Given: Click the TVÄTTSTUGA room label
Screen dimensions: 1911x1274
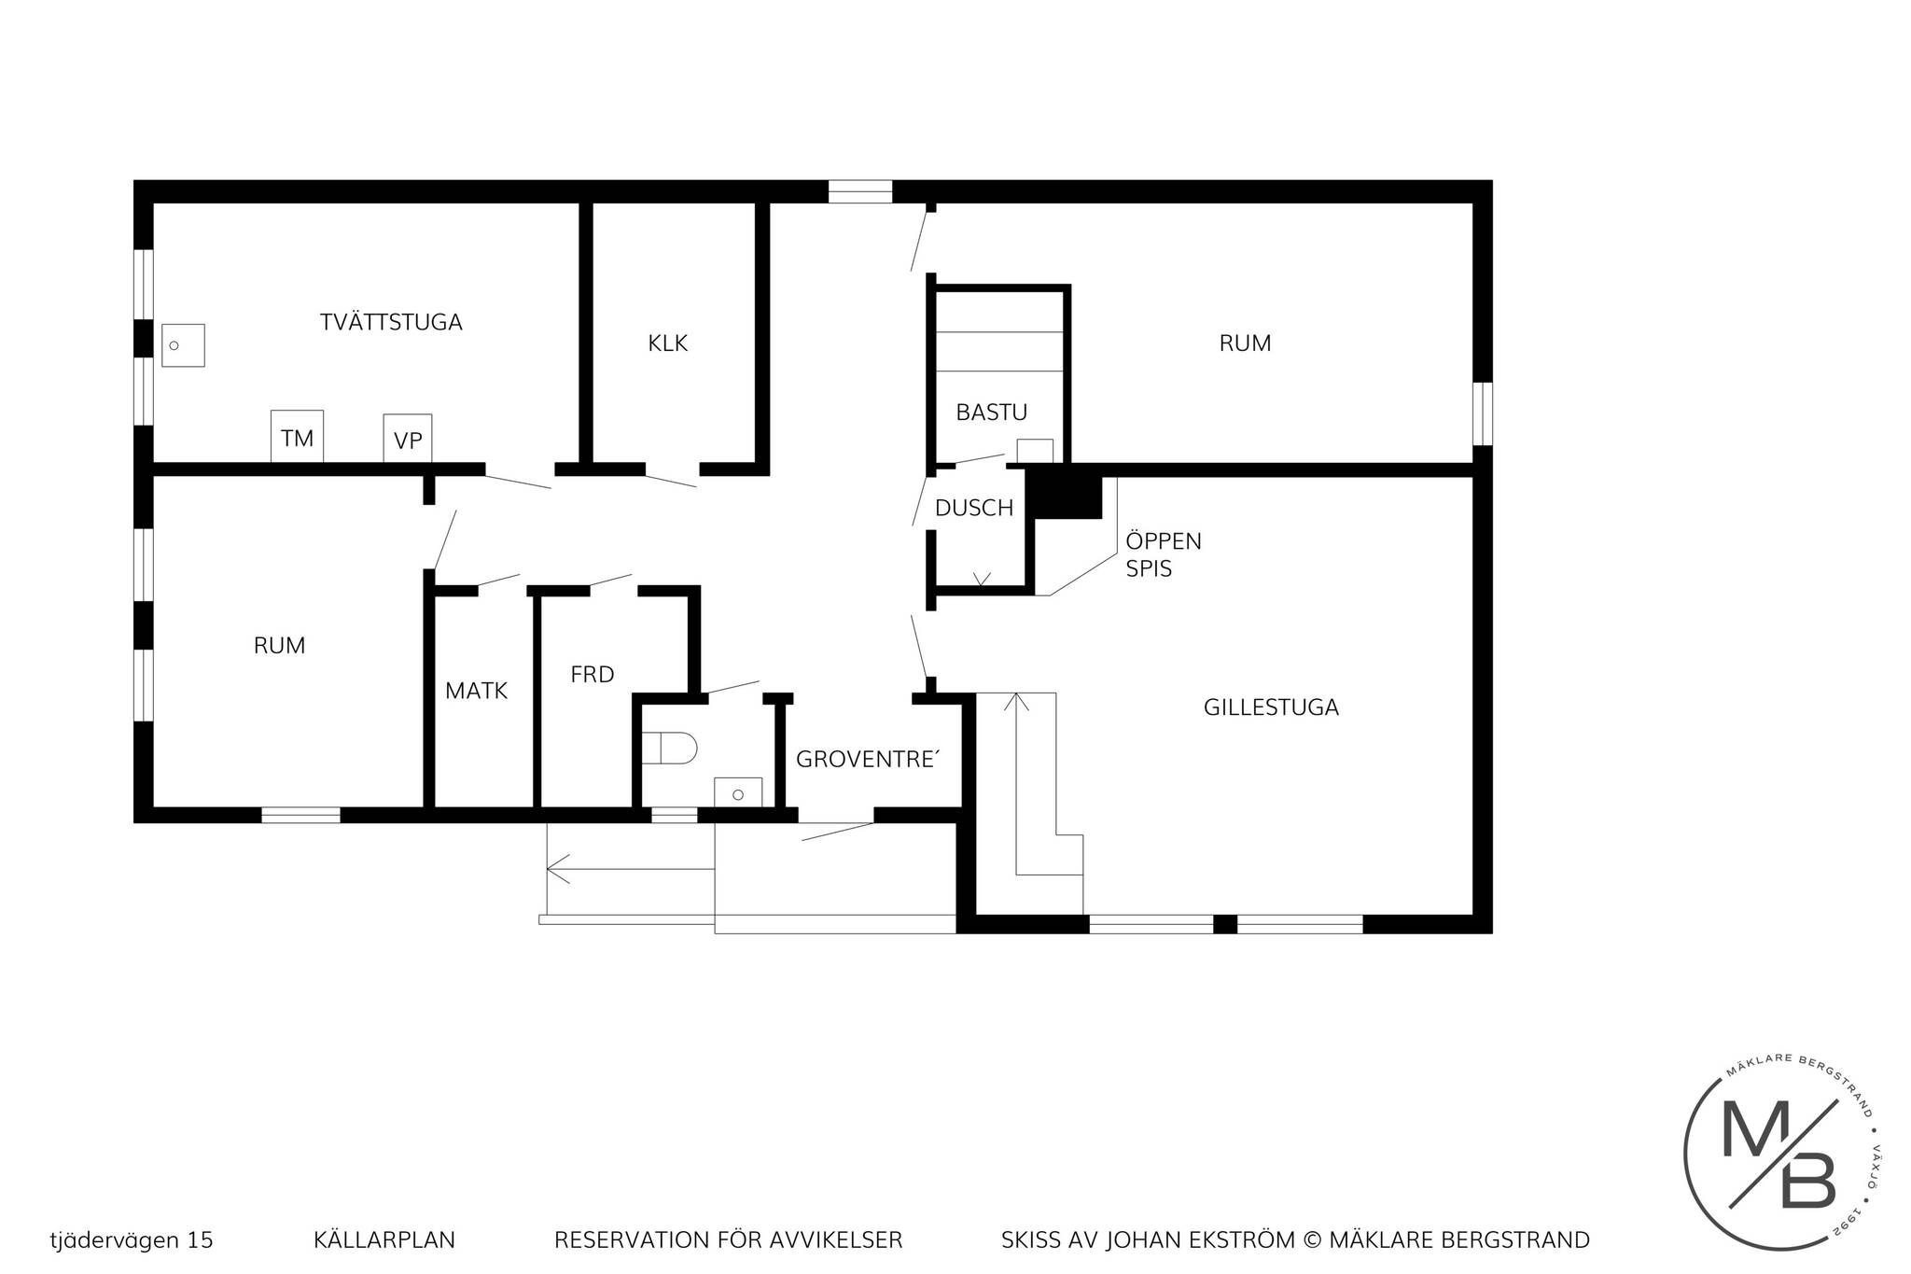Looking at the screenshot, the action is (x=391, y=322).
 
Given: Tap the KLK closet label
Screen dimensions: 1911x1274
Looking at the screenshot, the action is (x=668, y=343).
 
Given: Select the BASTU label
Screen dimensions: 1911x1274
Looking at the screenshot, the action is (x=992, y=412).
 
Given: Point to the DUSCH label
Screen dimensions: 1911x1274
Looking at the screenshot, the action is (x=974, y=508).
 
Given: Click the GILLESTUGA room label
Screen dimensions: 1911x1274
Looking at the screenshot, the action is (x=1271, y=707).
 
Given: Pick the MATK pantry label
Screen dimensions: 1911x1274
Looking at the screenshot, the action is (x=477, y=691).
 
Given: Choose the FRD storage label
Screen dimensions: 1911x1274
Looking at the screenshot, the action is (x=593, y=674).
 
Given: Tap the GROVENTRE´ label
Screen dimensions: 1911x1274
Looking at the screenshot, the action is (x=866, y=760).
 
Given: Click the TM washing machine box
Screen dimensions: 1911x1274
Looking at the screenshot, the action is (x=297, y=436).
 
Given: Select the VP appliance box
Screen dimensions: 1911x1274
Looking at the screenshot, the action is (x=408, y=438).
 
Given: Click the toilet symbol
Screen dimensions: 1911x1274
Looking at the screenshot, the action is (x=669, y=748).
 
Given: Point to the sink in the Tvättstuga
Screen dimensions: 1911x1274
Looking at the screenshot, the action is (x=183, y=345).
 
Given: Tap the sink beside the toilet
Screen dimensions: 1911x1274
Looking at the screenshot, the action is (x=738, y=792).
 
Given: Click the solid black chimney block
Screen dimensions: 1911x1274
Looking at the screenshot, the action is (x=1064, y=497).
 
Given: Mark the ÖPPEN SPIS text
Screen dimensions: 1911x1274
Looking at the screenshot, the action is (x=1164, y=554).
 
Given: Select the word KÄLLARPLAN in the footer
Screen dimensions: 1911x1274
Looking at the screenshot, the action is (x=384, y=1239).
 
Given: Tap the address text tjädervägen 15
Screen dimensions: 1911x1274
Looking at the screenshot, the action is (x=132, y=1239).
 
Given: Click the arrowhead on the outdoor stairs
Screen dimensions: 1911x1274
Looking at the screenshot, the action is (x=558, y=869).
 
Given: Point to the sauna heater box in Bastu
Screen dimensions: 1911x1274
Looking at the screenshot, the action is (x=1035, y=451).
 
